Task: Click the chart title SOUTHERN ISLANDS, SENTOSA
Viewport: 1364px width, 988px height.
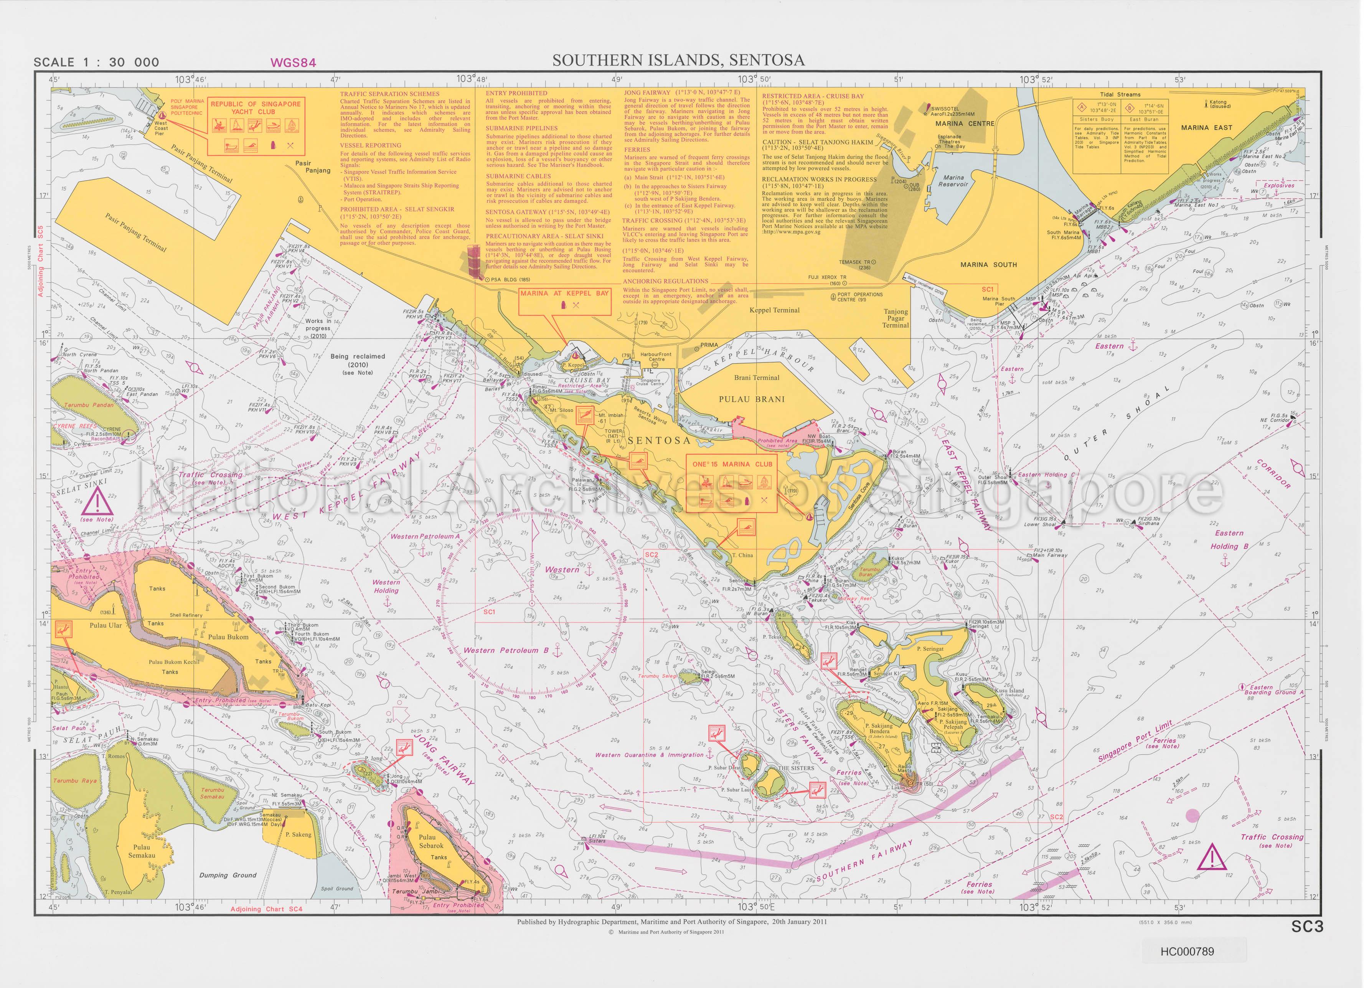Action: pyautogui.click(x=678, y=60)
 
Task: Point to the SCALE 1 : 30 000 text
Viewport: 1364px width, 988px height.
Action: pyautogui.click(x=96, y=62)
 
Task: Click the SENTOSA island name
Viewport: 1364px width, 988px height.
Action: pyautogui.click(x=658, y=440)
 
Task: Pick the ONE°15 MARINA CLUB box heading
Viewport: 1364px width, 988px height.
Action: pyautogui.click(x=731, y=464)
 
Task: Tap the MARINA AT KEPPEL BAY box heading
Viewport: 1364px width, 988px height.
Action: pyautogui.click(x=565, y=294)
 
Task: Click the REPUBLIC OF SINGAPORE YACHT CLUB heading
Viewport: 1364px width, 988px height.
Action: pyautogui.click(x=255, y=108)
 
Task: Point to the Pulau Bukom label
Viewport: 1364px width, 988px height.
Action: pyautogui.click(x=229, y=637)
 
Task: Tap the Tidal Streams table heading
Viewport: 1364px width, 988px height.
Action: pyautogui.click(x=1120, y=94)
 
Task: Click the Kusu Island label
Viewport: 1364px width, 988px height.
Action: pyautogui.click(x=1009, y=691)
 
